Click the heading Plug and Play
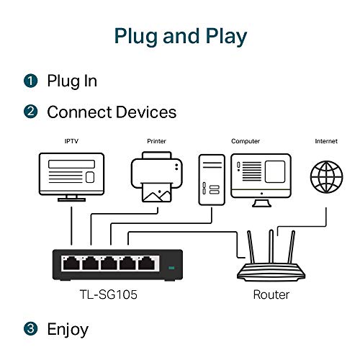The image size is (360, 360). (x=180, y=37)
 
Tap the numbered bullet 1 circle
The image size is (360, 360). (x=30, y=80)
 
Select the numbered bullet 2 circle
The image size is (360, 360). (x=30, y=112)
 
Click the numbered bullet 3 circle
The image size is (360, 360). (x=30, y=330)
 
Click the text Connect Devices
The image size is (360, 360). (x=112, y=112)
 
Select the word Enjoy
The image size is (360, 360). (x=68, y=330)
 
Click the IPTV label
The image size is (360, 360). (x=71, y=142)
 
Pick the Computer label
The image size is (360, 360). (x=246, y=142)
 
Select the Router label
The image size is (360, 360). (x=271, y=294)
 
